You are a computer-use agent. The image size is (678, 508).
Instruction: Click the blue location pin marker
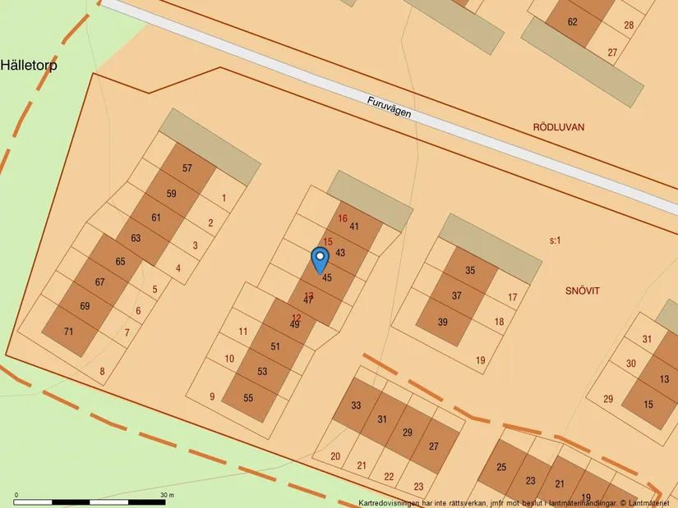(320, 259)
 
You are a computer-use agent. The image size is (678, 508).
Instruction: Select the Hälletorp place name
(29, 66)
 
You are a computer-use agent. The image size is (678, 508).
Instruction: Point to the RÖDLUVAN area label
(558, 127)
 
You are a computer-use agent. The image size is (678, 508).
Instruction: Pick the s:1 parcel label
(555, 240)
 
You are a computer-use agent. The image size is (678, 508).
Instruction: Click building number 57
(187, 168)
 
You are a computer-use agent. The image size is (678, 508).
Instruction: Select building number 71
(68, 332)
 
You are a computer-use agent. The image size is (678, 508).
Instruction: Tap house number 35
(470, 270)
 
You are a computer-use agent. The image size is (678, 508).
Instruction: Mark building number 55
(248, 397)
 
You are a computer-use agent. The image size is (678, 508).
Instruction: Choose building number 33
(356, 405)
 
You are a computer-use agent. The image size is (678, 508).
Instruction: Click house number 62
(573, 21)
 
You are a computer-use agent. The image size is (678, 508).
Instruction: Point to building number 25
(502, 468)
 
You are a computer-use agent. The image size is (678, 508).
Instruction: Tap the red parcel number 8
(102, 372)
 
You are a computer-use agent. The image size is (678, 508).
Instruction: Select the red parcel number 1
(224, 198)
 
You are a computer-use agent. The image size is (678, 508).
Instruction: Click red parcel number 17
(512, 297)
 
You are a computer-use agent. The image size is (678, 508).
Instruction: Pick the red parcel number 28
(629, 25)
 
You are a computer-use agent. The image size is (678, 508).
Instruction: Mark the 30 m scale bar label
(167, 495)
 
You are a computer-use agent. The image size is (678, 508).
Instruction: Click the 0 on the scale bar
(16, 495)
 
